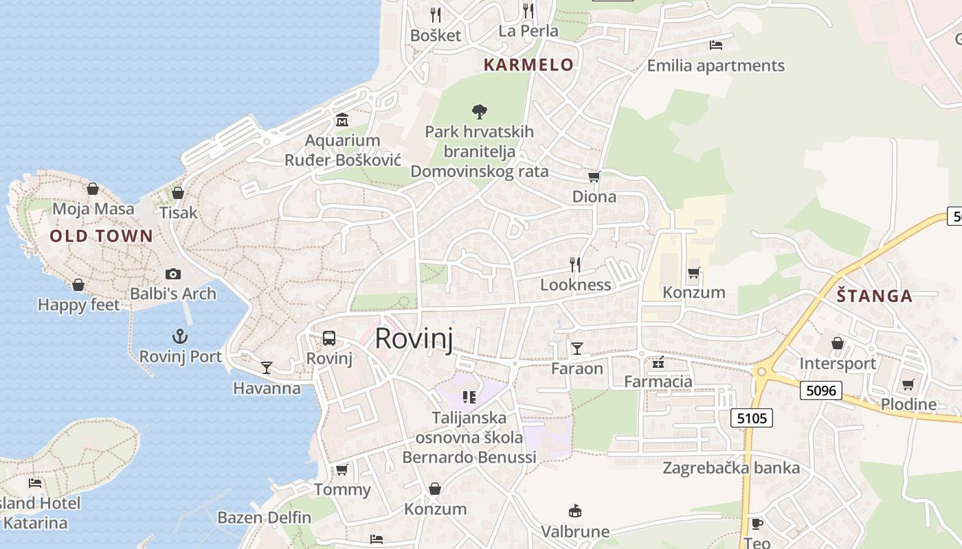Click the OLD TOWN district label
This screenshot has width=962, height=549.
(x=101, y=237)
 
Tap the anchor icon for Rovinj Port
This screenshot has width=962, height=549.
(x=179, y=336)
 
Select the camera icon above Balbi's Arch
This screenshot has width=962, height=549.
(x=173, y=274)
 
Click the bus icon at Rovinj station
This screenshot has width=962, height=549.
(x=329, y=338)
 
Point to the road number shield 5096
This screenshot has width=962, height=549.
(x=821, y=390)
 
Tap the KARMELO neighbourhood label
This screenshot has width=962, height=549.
(x=528, y=65)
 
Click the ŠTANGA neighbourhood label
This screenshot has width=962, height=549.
(x=875, y=296)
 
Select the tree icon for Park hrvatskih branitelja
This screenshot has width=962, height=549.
(x=480, y=111)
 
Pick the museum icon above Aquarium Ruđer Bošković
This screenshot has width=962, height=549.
(x=342, y=121)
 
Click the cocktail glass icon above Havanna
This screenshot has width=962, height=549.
(x=267, y=367)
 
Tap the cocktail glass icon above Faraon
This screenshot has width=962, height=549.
(x=577, y=349)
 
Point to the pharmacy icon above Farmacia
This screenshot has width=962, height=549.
(x=658, y=362)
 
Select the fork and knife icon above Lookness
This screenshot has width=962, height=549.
(x=575, y=264)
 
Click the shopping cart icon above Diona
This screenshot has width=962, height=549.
(x=594, y=176)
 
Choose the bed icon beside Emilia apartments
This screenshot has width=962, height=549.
(x=715, y=45)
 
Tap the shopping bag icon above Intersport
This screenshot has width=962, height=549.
(x=838, y=343)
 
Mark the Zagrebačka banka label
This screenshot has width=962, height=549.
(x=731, y=468)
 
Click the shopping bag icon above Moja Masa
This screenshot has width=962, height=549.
(x=93, y=189)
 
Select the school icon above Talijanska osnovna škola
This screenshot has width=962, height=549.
(x=469, y=397)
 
